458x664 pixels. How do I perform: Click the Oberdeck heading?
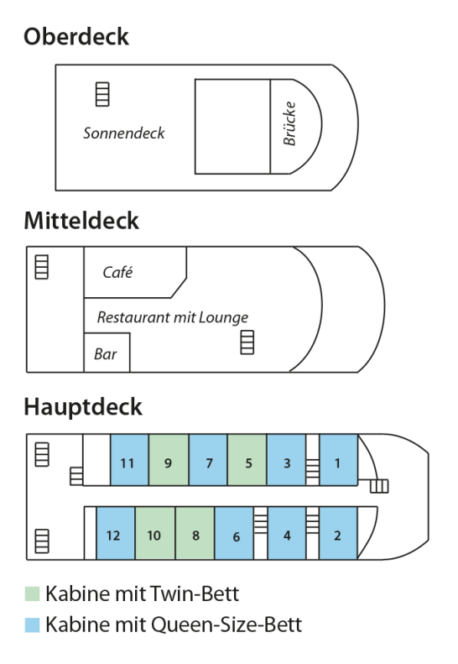click(75, 36)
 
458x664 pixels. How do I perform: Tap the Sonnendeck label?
click(123, 133)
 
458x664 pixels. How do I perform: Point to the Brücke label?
click(289, 123)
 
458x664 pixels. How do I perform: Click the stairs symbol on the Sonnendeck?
click(102, 94)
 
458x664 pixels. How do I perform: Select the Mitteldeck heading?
click(81, 221)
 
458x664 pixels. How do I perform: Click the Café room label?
click(117, 272)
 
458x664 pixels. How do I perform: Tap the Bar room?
click(107, 353)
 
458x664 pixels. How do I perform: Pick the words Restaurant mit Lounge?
click(173, 317)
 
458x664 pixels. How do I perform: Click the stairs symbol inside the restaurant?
click(247, 342)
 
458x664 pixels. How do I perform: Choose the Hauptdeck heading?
click(83, 407)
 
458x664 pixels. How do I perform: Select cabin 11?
click(129, 459)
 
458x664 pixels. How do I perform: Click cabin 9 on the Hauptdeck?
click(169, 459)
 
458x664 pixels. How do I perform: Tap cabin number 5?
click(247, 459)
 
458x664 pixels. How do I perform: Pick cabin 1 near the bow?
click(339, 459)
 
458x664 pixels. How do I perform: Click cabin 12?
click(116, 533)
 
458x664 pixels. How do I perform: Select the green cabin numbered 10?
click(155, 533)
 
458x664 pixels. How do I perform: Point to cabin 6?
click(234, 533)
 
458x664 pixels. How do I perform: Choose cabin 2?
click(338, 533)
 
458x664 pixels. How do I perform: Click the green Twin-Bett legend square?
click(32, 593)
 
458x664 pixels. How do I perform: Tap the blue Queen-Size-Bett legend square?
click(32, 625)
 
